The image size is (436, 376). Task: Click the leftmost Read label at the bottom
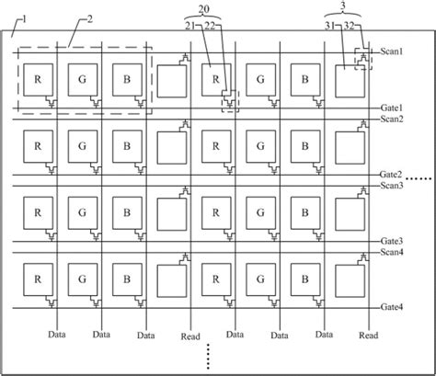pyautogui.click(x=189, y=336)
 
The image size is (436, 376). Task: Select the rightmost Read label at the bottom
pyautogui.click(x=368, y=336)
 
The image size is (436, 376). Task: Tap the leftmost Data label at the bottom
pyautogui.click(x=59, y=336)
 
